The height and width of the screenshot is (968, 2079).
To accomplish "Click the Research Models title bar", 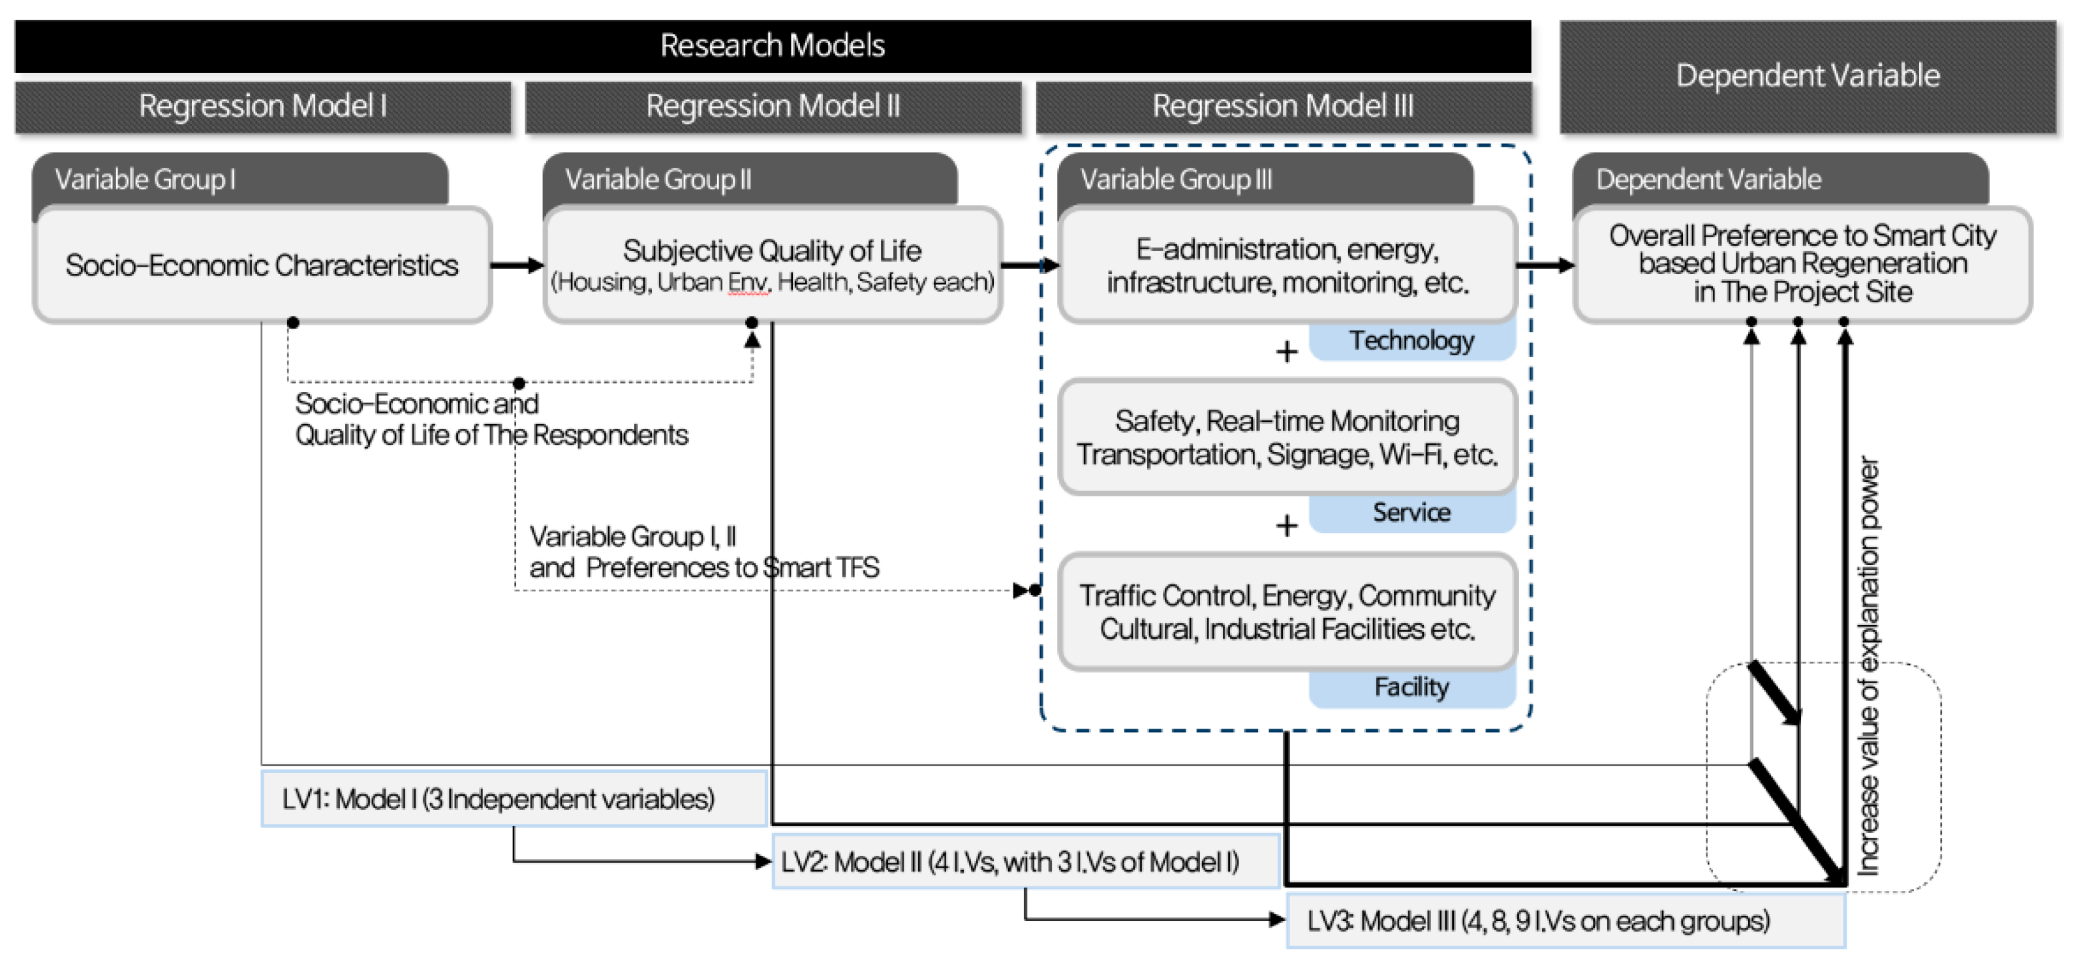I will point(773,45).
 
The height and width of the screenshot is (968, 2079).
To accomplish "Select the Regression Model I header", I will point(262,106).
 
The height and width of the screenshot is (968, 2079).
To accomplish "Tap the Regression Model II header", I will point(773,106).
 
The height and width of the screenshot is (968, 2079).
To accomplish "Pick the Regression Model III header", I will point(1282,106).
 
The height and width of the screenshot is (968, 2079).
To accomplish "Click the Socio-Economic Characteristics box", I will point(262,265).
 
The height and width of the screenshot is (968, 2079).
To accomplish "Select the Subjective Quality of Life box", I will point(773,265).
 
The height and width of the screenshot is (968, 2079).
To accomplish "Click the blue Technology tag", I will point(1411,341).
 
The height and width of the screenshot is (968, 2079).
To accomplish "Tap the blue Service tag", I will point(1411,512).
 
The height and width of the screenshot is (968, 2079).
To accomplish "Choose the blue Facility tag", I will point(1411,688).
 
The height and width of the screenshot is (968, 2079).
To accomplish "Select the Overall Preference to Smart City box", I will point(1802,264).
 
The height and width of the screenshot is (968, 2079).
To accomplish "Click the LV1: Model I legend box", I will point(514,798).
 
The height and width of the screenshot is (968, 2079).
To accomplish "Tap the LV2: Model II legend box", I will point(1025,862).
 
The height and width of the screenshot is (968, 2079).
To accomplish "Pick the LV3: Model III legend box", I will point(1564,920).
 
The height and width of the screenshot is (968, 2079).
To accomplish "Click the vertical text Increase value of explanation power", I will point(1869,665).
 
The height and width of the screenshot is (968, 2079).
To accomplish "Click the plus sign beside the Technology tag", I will point(1286,352).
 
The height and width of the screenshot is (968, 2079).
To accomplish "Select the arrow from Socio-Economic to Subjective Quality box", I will point(517,265).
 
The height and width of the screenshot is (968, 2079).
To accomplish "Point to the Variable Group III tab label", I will point(1176,179).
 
